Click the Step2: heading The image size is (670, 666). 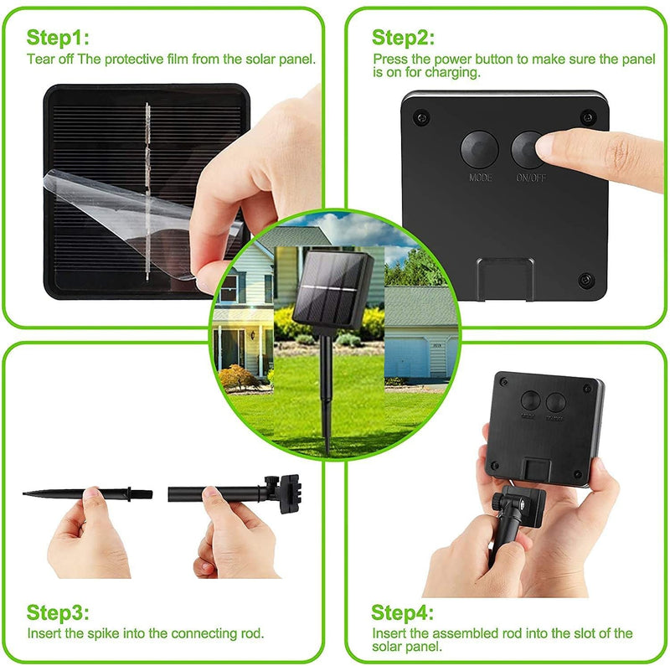pos(404,38)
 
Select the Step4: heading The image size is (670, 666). pos(404,612)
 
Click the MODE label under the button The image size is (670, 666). pos(480,178)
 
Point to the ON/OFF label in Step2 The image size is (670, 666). pos(529,178)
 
